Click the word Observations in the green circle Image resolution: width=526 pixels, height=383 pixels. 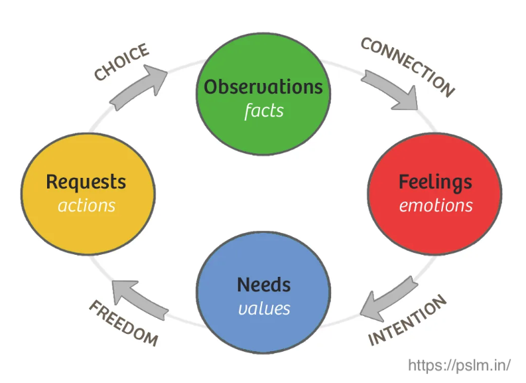pyautogui.click(x=263, y=87)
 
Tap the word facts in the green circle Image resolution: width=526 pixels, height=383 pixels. pyautogui.click(x=263, y=110)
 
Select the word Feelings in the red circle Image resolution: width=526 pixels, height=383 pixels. pyautogui.click(x=435, y=182)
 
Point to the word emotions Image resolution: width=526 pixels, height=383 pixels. pyautogui.click(x=436, y=205)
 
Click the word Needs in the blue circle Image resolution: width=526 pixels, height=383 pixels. pyautogui.click(x=263, y=285)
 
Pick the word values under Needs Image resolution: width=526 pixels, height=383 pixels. pyautogui.click(x=263, y=308)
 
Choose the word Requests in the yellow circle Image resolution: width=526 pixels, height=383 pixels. pyautogui.click(x=86, y=182)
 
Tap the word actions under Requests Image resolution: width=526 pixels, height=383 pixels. pyautogui.click(x=86, y=205)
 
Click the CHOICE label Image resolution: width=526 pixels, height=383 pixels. pyautogui.click(x=121, y=63)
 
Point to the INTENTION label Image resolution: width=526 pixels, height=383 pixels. pyautogui.click(x=407, y=321)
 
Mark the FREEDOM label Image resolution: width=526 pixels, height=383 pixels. pyautogui.click(x=123, y=323)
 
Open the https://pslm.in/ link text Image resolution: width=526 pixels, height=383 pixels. pyautogui.click(x=459, y=365)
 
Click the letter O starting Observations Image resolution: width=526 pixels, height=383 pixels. pyautogui.click(x=212, y=87)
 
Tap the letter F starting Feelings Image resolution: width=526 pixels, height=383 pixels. pyautogui.click(x=403, y=182)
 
